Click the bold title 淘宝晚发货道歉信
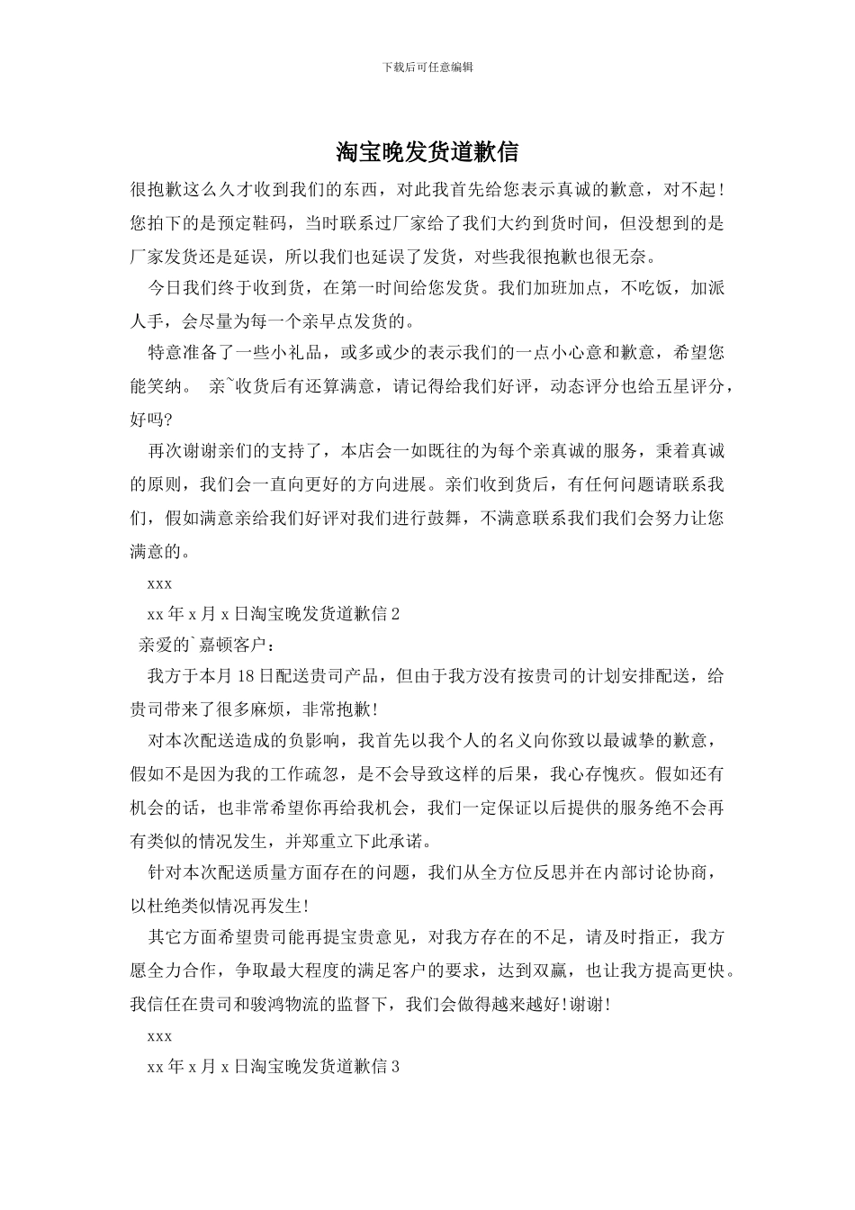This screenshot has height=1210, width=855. tap(427, 152)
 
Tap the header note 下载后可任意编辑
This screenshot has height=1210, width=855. tap(427, 67)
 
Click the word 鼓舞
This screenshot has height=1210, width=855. tap(454, 518)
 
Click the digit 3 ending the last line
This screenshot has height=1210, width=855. tap(394, 1067)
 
